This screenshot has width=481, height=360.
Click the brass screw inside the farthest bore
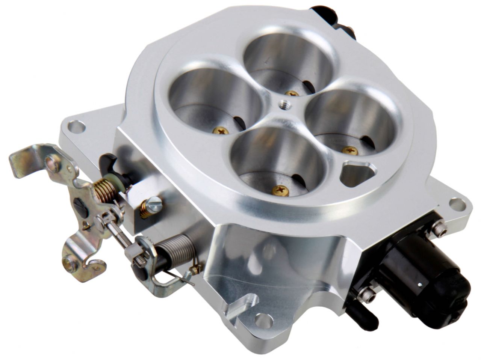coord(291,93)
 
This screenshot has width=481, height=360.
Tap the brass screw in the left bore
coord(221,131)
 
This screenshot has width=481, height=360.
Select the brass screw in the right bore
coord(349,150)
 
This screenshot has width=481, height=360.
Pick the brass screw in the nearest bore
coord(280,190)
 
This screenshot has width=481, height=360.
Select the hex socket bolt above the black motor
coord(439,229)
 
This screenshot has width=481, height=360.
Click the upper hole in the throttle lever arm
coord(53,163)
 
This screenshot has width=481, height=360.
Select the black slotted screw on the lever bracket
coord(80,208)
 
